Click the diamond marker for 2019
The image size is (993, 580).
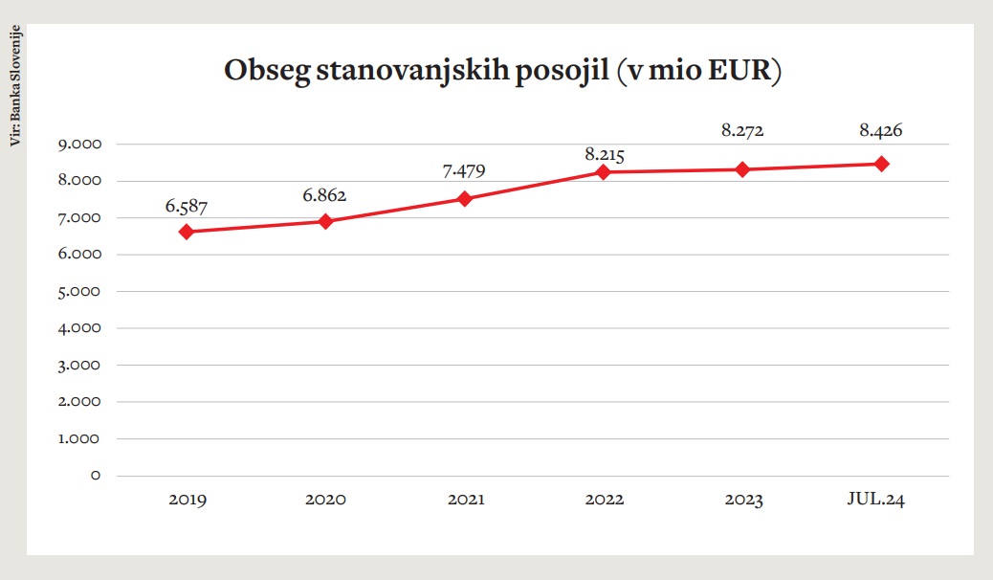click(187, 232)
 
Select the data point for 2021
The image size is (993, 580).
click(465, 199)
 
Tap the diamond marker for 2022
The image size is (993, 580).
click(604, 172)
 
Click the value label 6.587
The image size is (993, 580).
click(185, 206)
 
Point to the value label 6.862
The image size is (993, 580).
click(324, 195)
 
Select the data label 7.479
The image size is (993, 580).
click(464, 172)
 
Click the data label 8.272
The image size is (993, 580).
click(743, 131)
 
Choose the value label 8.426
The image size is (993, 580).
click(881, 131)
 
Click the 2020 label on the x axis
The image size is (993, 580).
click(325, 500)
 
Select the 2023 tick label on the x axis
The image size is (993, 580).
click(743, 500)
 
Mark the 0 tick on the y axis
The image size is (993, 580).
click(95, 475)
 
